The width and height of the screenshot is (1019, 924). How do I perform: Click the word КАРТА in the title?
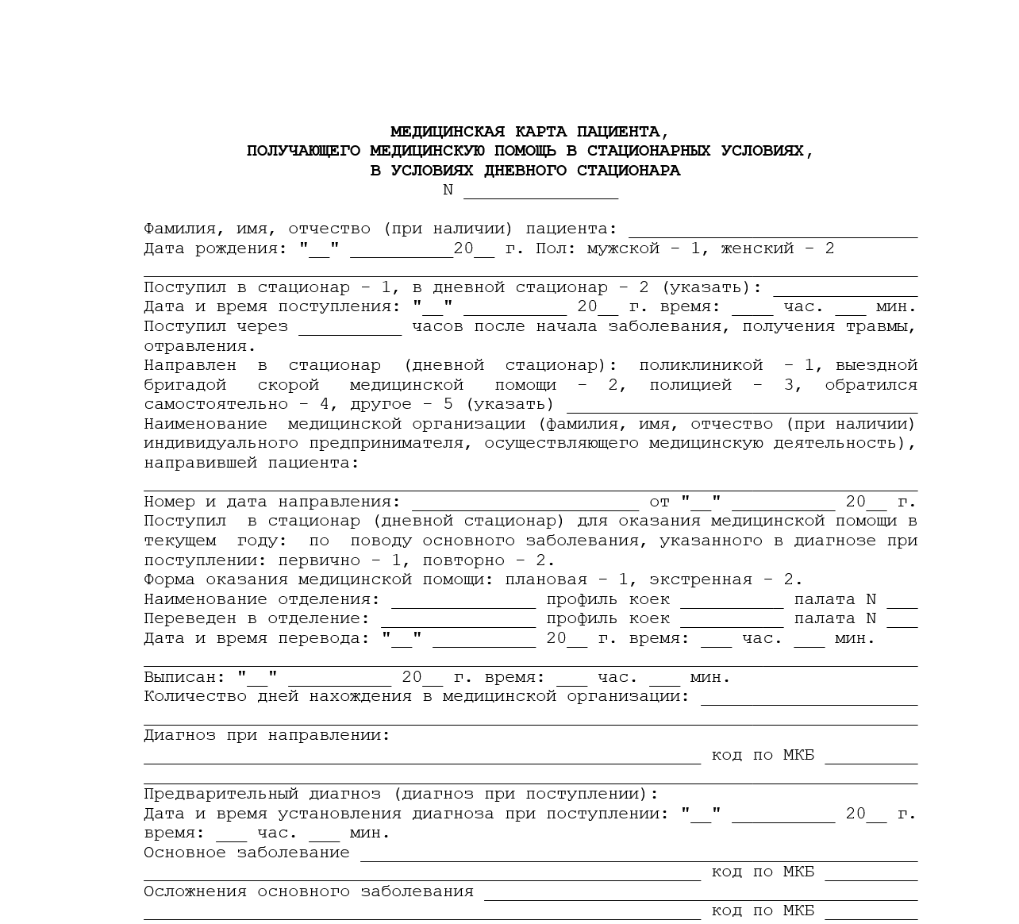coord(541,132)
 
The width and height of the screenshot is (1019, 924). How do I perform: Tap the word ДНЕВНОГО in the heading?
coord(526,171)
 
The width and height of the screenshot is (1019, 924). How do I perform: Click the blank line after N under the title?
coord(540,192)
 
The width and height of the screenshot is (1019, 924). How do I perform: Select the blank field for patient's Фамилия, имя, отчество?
coord(772,230)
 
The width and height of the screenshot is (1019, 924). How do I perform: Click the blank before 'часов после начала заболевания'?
coord(350,328)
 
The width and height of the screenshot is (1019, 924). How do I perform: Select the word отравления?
coord(199,346)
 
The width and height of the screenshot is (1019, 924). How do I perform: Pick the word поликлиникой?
coord(701,365)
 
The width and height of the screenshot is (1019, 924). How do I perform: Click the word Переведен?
coord(190,619)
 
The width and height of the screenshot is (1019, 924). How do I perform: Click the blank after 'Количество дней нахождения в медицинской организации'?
coord(808,699)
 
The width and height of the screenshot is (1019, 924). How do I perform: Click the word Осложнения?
coord(194,892)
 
